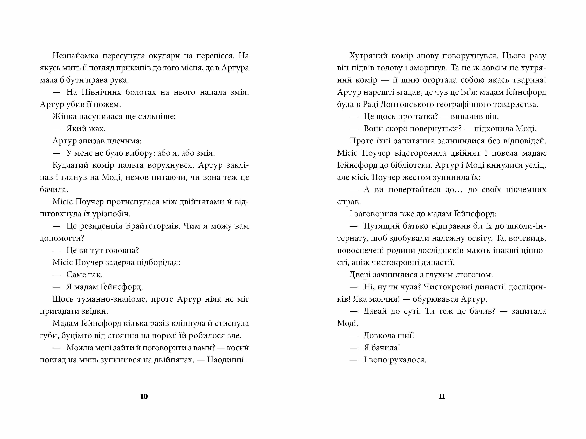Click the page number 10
144,396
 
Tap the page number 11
442,396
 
